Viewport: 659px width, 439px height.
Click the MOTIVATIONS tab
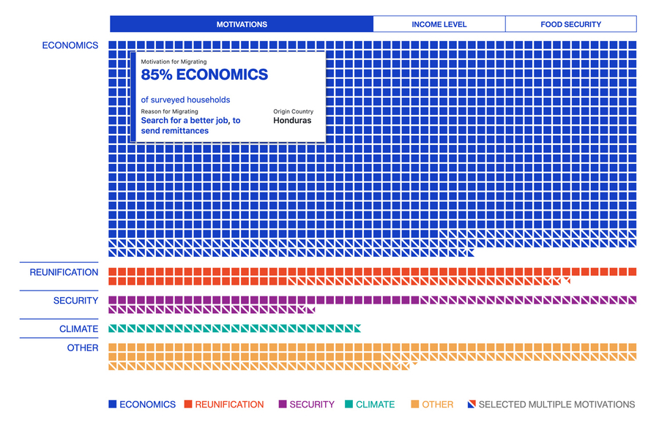click(x=242, y=24)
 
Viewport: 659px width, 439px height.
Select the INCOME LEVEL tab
click(x=439, y=24)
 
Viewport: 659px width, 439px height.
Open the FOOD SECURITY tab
click(x=570, y=24)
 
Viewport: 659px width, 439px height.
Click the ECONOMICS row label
click(x=70, y=45)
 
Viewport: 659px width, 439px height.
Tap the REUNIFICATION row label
click(x=64, y=272)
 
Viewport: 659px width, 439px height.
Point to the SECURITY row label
click(x=75, y=301)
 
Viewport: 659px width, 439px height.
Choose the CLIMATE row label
click(x=78, y=329)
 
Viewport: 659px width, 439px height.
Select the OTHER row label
click(x=83, y=348)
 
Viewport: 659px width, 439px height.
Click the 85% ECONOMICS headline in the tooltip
click(x=204, y=75)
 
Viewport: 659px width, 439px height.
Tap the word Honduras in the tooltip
click(x=292, y=121)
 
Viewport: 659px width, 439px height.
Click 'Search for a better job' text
click(x=190, y=121)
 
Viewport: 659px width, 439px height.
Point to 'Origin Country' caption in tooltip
click(x=294, y=111)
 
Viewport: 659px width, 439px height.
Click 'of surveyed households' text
click(x=185, y=100)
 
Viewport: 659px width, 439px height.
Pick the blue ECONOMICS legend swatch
click(x=113, y=404)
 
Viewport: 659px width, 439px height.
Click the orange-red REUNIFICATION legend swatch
click(x=188, y=404)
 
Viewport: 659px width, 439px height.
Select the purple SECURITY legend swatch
click(x=283, y=404)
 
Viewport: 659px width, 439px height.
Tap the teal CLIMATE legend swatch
click(x=349, y=404)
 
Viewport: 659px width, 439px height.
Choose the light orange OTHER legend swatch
click(x=415, y=404)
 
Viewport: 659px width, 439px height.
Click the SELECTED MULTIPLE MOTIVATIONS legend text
click(x=556, y=404)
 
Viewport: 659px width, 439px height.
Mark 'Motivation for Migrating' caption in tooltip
click(x=174, y=63)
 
